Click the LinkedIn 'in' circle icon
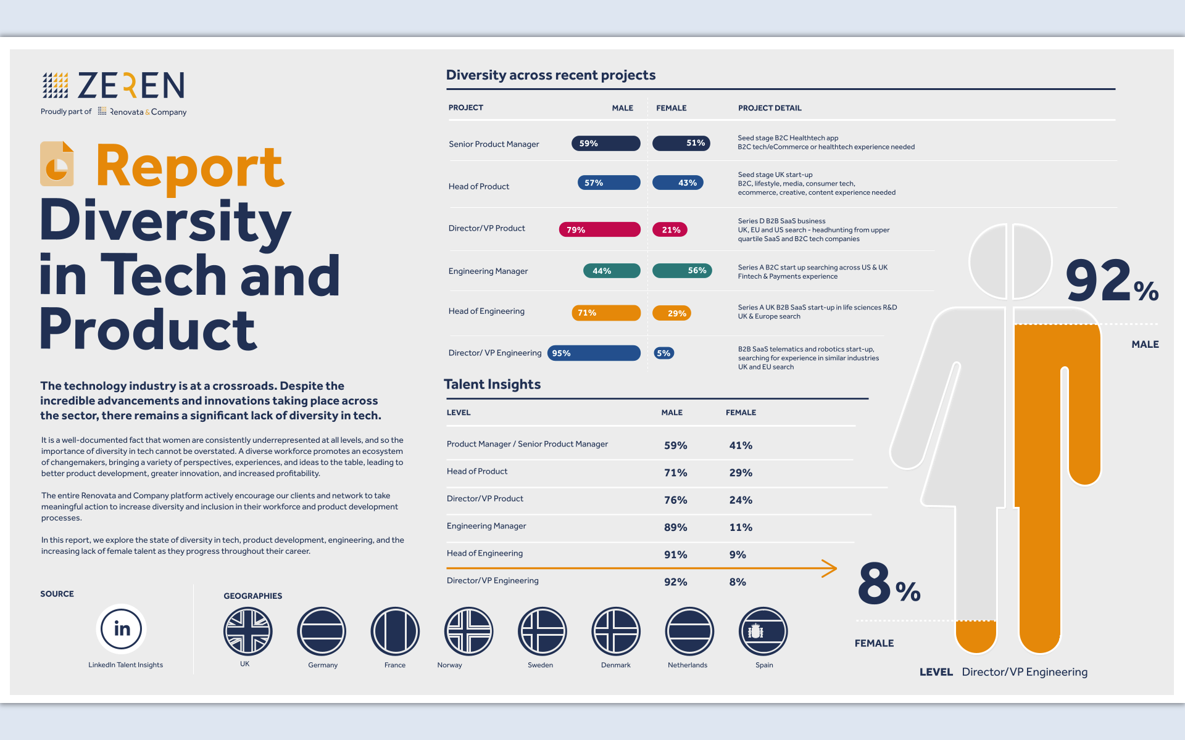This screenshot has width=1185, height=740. pyautogui.click(x=122, y=628)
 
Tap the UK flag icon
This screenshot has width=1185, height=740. pyautogui.click(x=247, y=631)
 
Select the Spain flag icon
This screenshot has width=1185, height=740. pyautogui.click(x=763, y=631)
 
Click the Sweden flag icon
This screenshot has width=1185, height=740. pyautogui.click(x=542, y=631)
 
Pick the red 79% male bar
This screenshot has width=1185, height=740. pyautogui.click(x=599, y=229)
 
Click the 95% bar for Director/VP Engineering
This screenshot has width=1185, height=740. pyautogui.click(x=594, y=353)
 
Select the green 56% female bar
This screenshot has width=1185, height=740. pyautogui.click(x=682, y=271)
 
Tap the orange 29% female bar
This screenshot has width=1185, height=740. pyautogui.click(x=671, y=313)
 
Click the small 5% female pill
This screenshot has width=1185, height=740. pyautogui.click(x=663, y=353)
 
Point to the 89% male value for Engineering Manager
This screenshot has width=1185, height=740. pyautogui.click(x=675, y=527)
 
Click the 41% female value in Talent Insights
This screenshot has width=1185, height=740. pyautogui.click(x=740, y=445)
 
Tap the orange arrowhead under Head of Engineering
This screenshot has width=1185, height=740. pyautogui.click(x=830, y=569)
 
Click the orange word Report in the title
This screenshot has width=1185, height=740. pyautogui.click(x=189, y=166)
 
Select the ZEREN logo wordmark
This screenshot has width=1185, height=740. pyautogui.click(x=131, y=85)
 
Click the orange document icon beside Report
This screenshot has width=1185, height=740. pyautogui.click(x=57, y=164)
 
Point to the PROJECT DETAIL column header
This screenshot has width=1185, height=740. pyautogui.click(x=770, y=108)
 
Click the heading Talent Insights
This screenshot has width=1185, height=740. pyautogui.click(x=492, y=384)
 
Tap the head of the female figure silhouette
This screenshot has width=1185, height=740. pyautogui.click(x=988, y=262)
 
